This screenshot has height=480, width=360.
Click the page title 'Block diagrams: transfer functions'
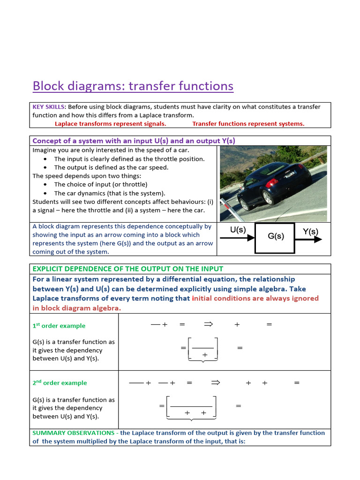click(133, 86)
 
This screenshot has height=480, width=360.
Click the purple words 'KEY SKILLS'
click(47, 107)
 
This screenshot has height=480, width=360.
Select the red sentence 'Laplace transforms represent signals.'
click(110, 124)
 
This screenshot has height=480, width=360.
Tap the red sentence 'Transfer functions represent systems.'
click(248, 124)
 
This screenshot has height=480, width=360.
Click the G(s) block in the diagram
click(275, 237)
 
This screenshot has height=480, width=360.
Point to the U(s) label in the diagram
click(238, 230)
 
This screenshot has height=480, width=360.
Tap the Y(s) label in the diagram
click(310, 231)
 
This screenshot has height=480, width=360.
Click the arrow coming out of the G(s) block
click(309, 239)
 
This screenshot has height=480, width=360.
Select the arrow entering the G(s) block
click(237, 239)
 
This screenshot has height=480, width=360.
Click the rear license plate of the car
click(290, 174)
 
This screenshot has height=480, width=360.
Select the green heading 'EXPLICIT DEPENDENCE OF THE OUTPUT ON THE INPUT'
click(128, 269)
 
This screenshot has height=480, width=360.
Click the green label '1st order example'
click(59, 326)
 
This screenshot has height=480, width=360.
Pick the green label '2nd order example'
click(60, 383)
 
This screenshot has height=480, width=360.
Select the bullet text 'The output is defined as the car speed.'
click(111, 167)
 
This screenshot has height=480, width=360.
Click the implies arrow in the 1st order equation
click(209, 324)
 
